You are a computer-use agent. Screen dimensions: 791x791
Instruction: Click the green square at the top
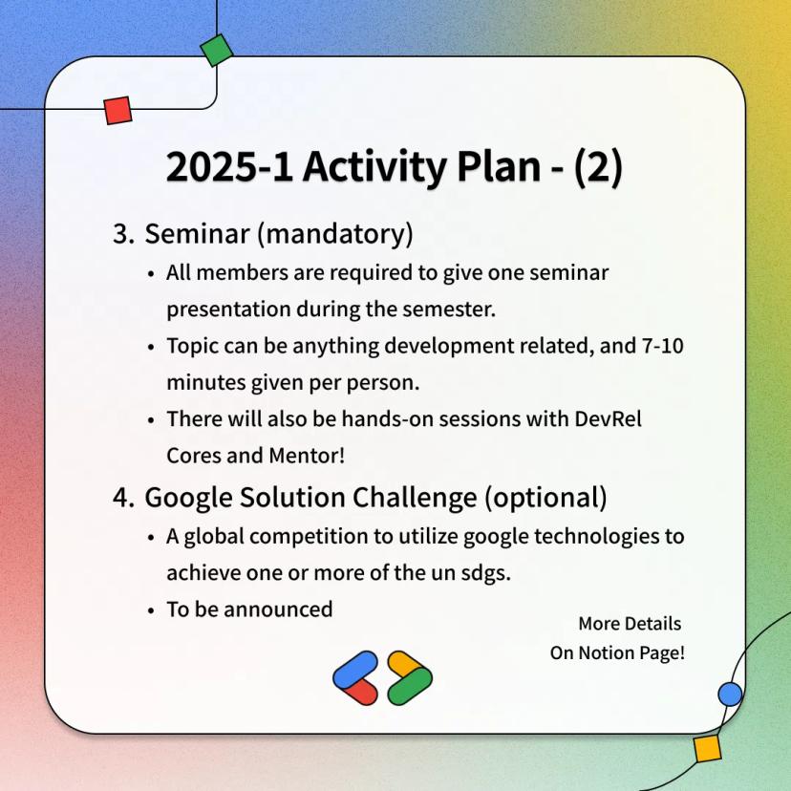(217, 50)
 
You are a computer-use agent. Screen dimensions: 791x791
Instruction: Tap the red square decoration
(118, 111)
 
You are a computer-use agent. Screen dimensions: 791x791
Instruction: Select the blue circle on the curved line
(730, 695)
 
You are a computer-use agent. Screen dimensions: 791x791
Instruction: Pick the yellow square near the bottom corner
(707, 749)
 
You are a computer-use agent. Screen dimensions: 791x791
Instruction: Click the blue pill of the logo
(355, 670)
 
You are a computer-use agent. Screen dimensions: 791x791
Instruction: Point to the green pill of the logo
(410, 686)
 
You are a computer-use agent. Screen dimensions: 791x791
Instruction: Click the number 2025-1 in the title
(229, 167)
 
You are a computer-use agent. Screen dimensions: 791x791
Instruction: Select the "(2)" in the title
(598, 167)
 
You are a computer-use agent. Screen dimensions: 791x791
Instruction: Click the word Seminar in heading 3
(197, 233)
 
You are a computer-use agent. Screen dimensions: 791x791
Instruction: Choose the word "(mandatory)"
(335, 235)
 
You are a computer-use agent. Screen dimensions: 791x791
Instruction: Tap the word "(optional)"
(545, 498)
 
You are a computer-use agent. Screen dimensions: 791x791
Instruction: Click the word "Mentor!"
(307, 456)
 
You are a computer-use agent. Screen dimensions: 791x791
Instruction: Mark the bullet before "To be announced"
(151, 610)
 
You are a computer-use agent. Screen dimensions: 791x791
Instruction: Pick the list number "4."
(123, 498)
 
